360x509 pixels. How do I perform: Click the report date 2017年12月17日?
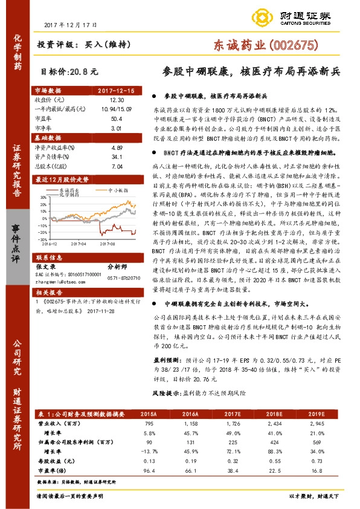[x=71, y=25]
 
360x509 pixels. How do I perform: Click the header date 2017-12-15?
[x=117, y=90]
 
